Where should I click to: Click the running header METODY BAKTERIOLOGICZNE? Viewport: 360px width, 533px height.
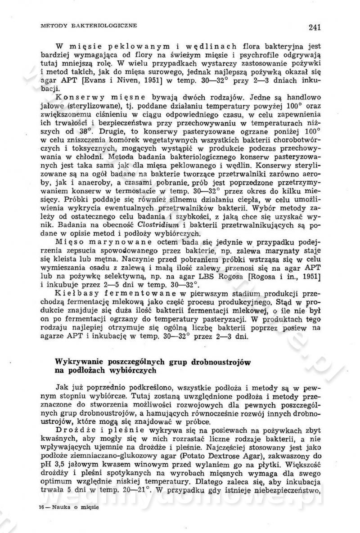(x=88, y=25)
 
